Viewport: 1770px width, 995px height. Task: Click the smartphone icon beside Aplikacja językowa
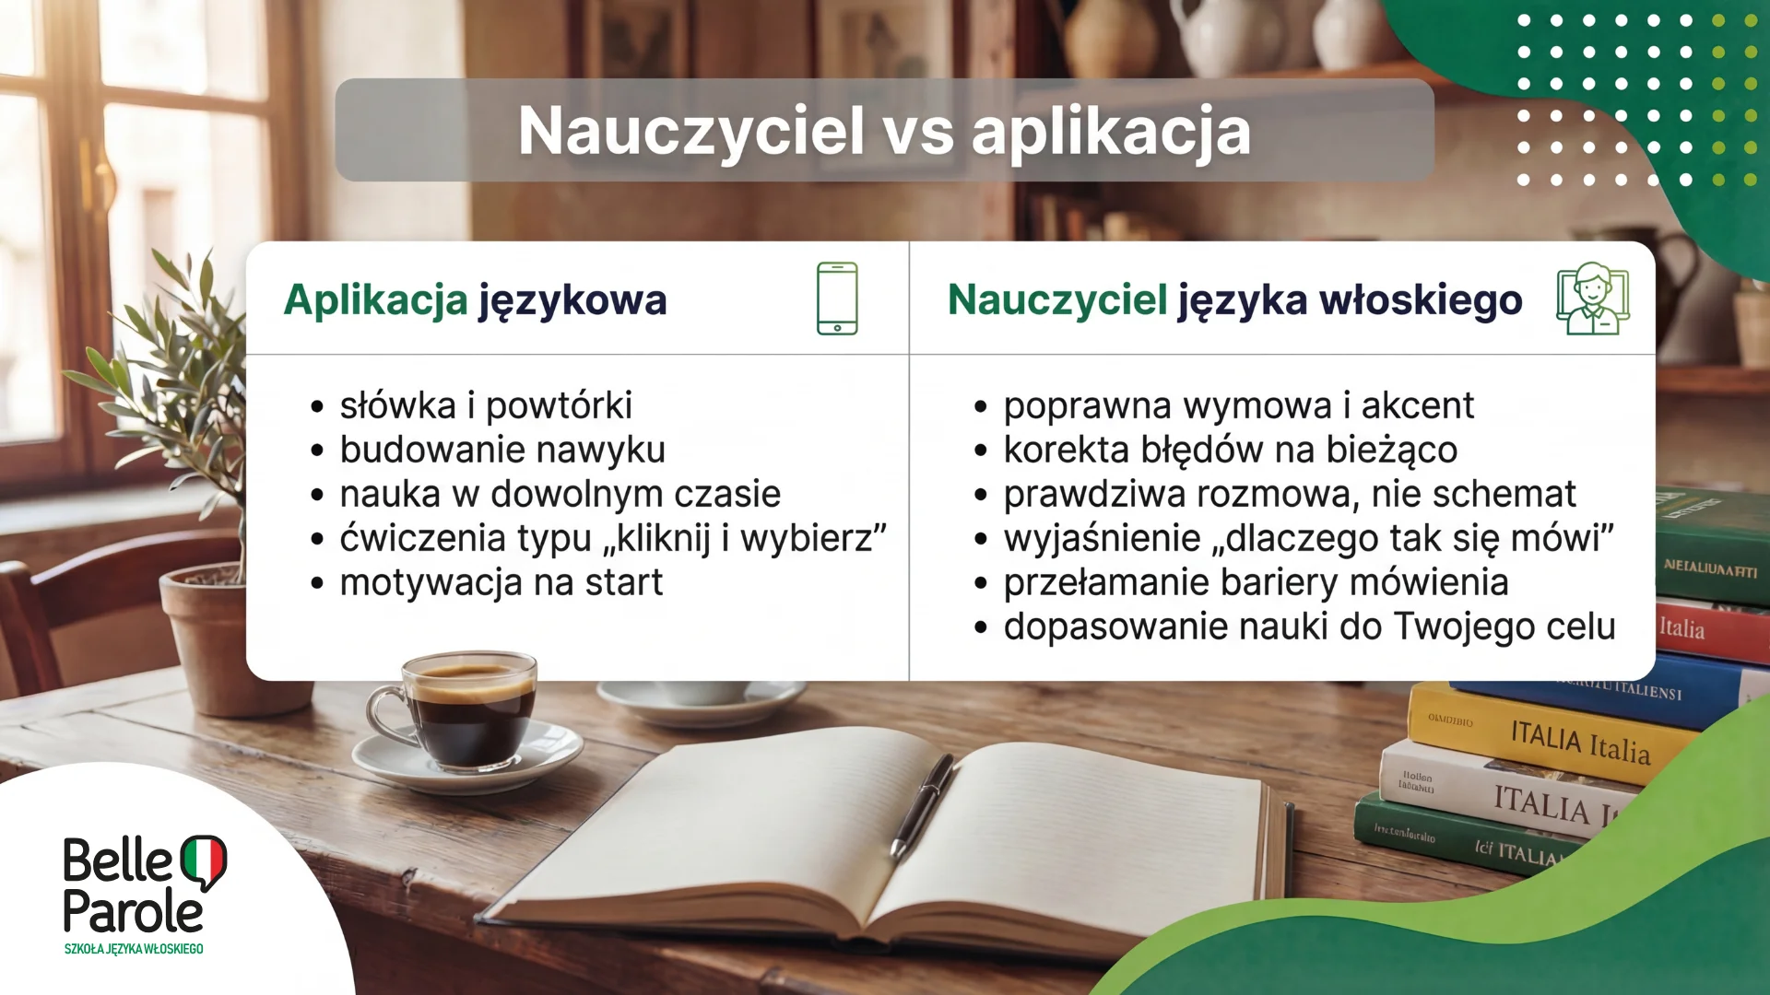point(837,298)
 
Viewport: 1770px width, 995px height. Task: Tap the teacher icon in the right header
point(1592,298)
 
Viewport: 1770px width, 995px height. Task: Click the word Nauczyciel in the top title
point(691,131)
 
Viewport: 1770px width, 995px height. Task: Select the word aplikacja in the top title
point(1111,131)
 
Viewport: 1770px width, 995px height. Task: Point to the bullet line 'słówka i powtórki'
point(486,405)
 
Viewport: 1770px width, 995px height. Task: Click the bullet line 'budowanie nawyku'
point(502,450)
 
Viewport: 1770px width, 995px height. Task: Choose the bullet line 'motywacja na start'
point(501,582)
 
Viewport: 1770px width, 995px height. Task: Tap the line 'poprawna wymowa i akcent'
point(1238,405)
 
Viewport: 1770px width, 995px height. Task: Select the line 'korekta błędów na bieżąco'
point(1230,450)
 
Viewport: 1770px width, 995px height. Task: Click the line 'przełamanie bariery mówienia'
point(1256,582)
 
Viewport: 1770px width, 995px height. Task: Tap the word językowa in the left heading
point(572,300)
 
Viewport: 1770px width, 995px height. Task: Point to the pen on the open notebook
point(922,806)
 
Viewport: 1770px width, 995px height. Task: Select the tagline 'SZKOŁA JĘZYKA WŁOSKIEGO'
point(134,949)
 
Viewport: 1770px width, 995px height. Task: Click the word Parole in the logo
point(133,912)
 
